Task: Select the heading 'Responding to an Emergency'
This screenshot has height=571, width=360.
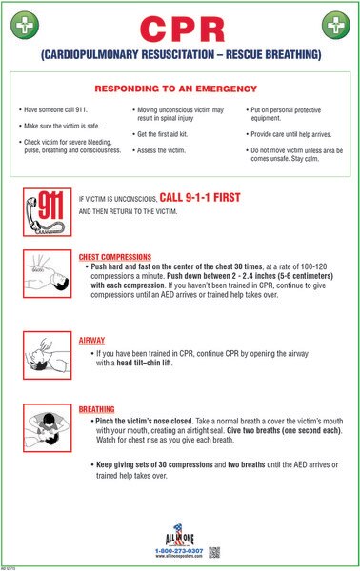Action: tap(180, 85)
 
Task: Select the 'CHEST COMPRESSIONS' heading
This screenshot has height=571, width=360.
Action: tap(114, 257)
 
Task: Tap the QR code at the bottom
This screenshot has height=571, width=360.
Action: tap(215, 550)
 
